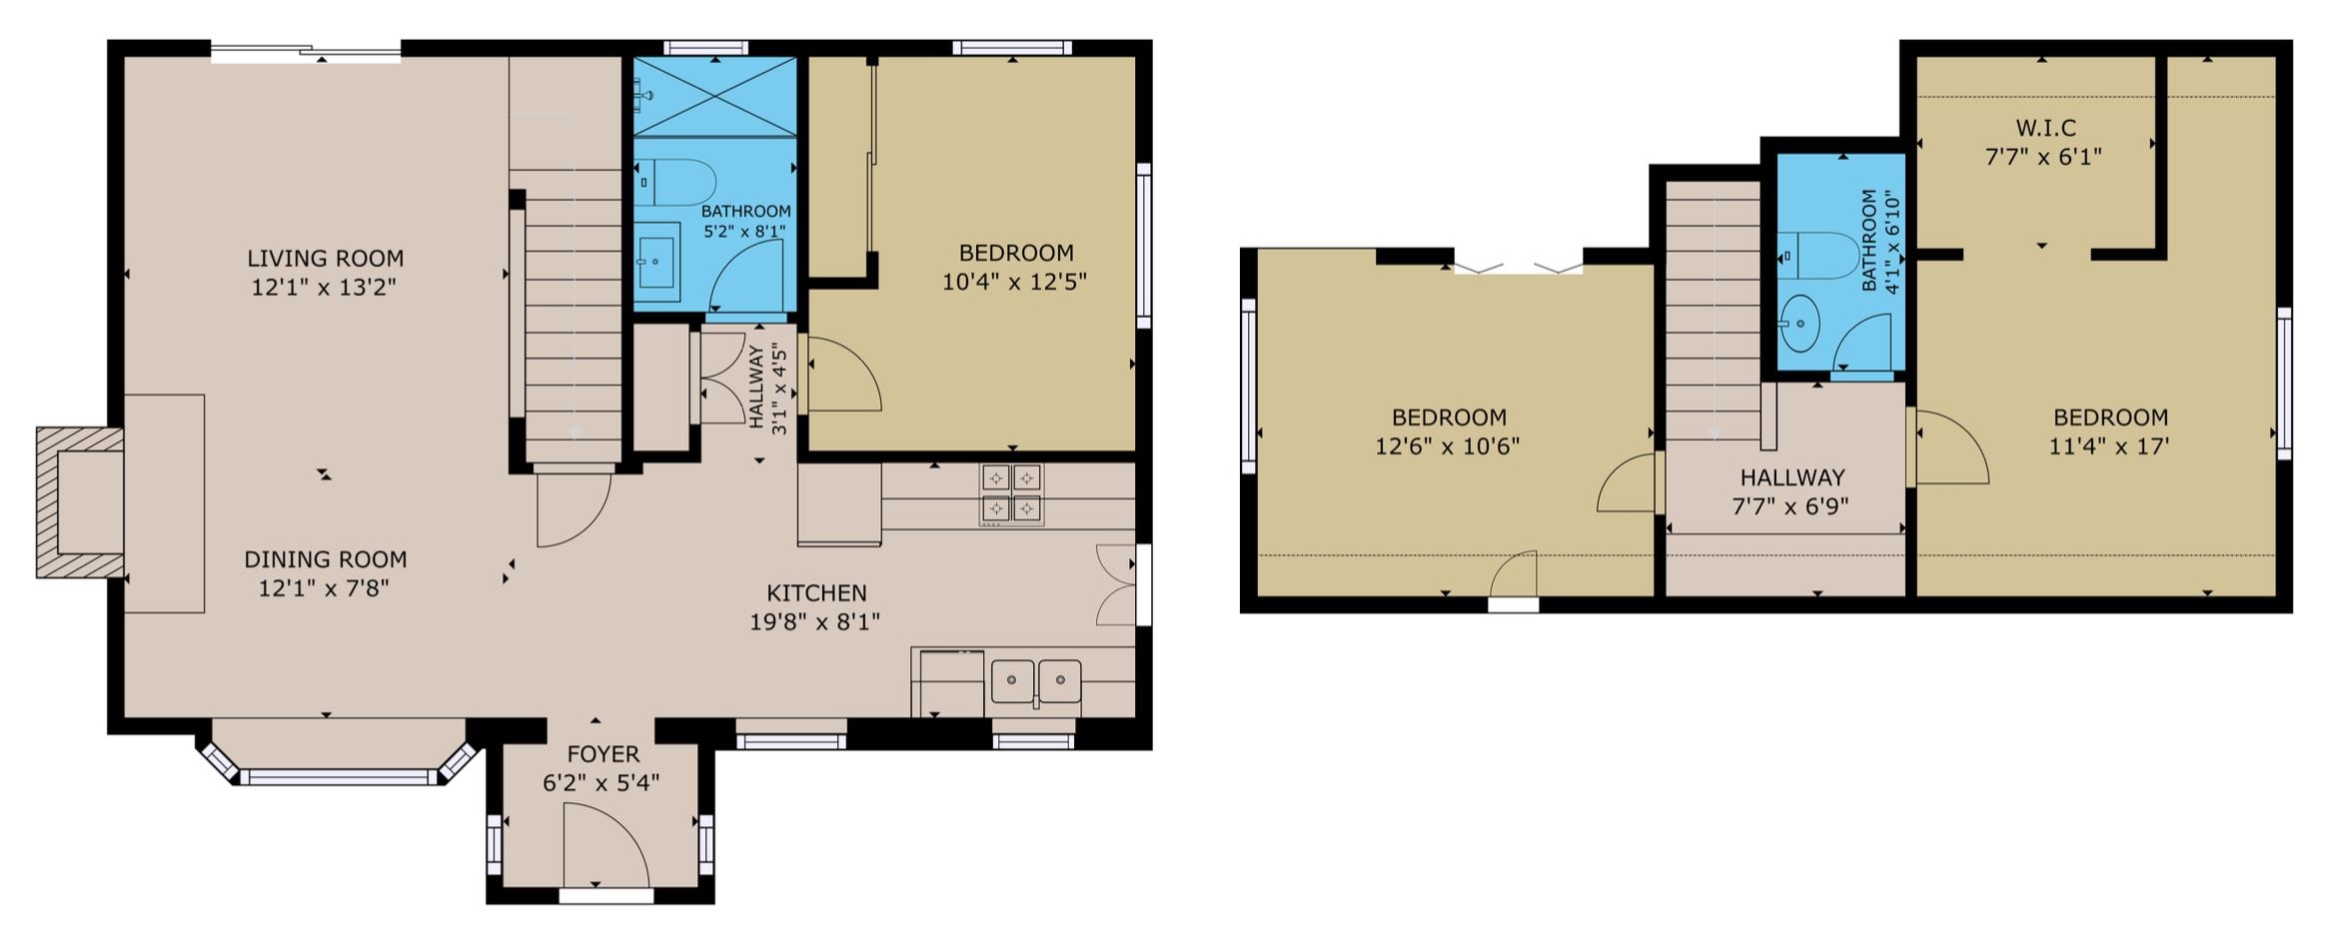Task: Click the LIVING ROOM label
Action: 325,259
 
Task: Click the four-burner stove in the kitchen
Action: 1011,494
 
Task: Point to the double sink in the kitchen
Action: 1035,681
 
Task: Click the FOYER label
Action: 602,754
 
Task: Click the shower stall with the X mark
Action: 715,96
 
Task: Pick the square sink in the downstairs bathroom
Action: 656,262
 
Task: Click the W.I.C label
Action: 2045,128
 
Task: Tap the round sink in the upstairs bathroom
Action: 1799,323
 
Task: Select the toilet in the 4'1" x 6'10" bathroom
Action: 1820,256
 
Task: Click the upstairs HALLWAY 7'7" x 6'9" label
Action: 1791,477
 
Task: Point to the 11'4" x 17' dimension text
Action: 2109,447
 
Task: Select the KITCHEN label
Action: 815,593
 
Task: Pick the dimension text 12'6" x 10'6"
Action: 1447,447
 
